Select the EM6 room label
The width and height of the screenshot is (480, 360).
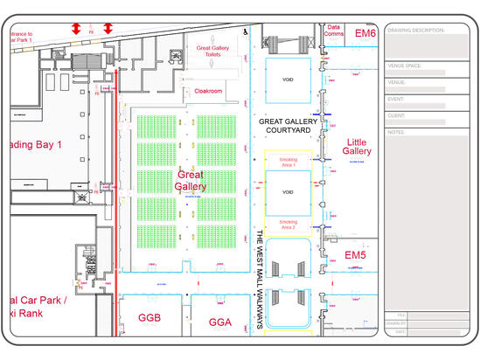365,33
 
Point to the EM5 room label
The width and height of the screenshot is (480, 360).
355,254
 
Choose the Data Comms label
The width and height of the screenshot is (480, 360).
333,31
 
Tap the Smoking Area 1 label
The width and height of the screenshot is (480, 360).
288,163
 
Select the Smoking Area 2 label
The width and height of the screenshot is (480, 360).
288,225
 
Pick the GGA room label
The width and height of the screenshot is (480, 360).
219,322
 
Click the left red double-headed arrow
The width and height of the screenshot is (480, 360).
77,29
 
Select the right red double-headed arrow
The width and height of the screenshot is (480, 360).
108,29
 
